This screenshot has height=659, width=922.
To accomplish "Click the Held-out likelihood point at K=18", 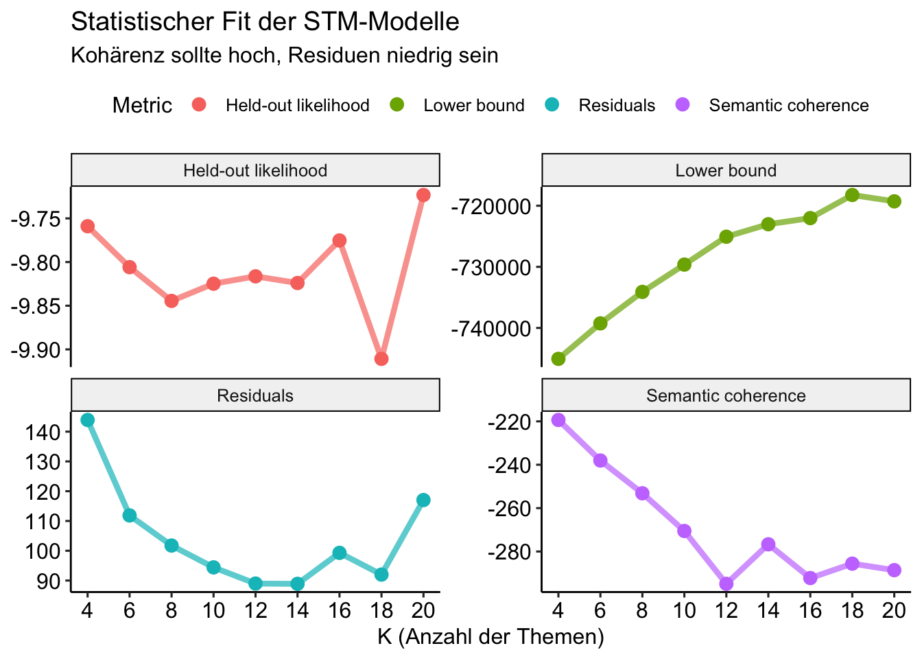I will (x=381, y=359).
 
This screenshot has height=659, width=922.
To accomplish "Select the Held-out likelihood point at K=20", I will (x=423, y=195).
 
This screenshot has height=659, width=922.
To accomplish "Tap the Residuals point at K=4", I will (x=87, y=419).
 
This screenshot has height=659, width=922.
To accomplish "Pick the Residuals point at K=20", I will (x=423, y=500).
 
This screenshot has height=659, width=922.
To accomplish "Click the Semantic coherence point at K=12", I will (x=726, y=583).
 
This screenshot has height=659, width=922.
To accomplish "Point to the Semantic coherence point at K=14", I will (x=768, y=544).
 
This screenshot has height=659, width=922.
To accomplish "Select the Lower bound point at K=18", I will (x=852, y=195).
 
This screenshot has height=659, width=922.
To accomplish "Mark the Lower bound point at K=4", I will (x=558, y=359).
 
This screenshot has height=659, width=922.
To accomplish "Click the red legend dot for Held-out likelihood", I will (x=199, y=105).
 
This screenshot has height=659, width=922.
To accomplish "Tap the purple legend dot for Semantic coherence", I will (x=683, y=105).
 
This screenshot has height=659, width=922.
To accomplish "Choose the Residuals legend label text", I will (x=617, y=106).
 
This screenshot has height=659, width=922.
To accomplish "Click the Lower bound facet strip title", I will (x=726, y=170).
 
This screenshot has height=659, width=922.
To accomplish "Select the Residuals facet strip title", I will (x=255, y=395).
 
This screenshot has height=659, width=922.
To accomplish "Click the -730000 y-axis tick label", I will (x=490, y=267).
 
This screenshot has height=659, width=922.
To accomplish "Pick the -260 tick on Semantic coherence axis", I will (x=508, y=509).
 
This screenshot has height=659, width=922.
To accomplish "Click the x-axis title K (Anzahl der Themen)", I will (x=490, y=637).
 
